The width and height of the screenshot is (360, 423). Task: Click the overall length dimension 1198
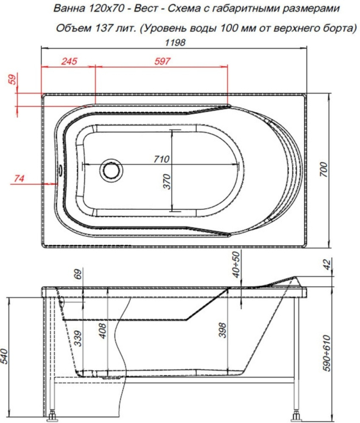178,43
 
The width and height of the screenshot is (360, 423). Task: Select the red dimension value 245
68,61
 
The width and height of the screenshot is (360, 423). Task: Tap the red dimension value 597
161,61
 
